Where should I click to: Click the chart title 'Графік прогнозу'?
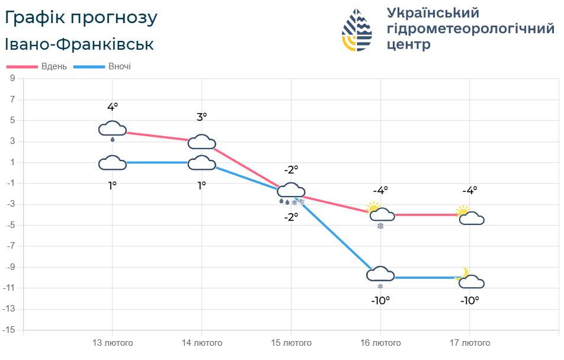(81, 18)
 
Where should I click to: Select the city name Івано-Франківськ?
(79, 44)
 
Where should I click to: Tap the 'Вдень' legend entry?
(36, 66)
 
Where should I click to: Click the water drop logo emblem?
(357, 30)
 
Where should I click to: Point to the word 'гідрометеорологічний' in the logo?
(470, 29)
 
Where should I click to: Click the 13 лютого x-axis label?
(113, 343)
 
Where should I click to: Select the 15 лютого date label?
(291, 343)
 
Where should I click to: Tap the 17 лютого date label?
(470, 343)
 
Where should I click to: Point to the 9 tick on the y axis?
(12, 79)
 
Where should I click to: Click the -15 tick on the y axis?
(11, 330)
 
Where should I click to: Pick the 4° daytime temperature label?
(113, 107)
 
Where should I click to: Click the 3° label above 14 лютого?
(201, 117)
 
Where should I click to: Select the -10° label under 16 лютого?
(380, 301)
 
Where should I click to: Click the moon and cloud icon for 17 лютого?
(470, 279)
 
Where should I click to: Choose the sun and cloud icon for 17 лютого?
(470, 216)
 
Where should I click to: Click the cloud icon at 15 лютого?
(291, 191)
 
